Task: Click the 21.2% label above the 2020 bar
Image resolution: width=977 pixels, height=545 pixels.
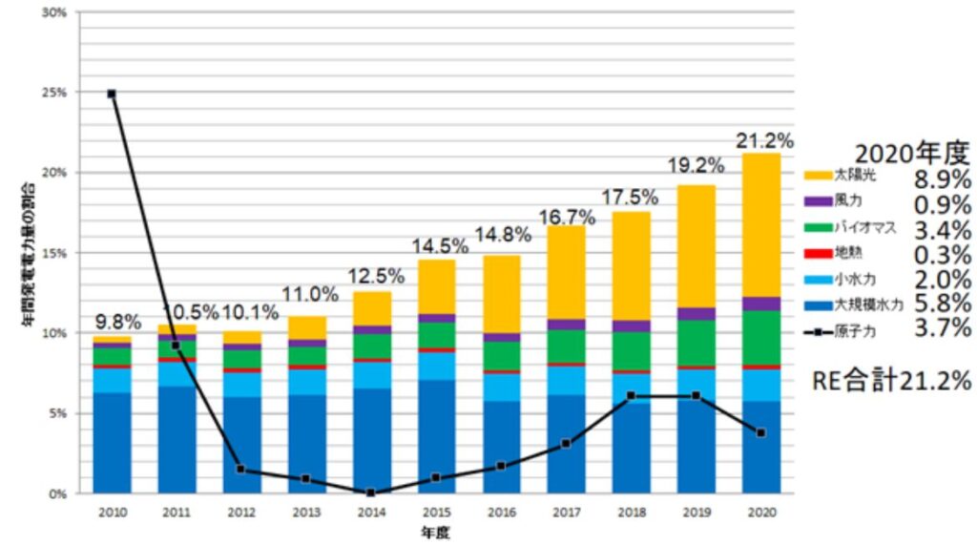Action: [763, 141]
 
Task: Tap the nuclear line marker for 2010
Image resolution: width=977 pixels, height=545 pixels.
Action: [112, 94]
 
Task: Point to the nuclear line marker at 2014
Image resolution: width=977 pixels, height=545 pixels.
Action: [371, 493]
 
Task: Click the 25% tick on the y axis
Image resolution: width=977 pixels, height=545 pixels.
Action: [53, 93]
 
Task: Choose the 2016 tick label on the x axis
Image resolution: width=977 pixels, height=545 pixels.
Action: [501, 513]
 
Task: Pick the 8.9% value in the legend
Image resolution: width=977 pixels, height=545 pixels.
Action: [943, 179]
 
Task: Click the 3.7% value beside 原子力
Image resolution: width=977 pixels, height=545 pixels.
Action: [943, 328]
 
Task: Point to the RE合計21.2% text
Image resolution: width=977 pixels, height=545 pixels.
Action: [892, 380]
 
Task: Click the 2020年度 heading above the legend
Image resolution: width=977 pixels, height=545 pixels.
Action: [911, 154]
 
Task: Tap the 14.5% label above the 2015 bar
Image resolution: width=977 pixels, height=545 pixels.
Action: [437, 246]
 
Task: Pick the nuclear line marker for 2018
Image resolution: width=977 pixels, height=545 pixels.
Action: [632, 395]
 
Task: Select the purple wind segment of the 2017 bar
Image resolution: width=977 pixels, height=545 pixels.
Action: [566, 325]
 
